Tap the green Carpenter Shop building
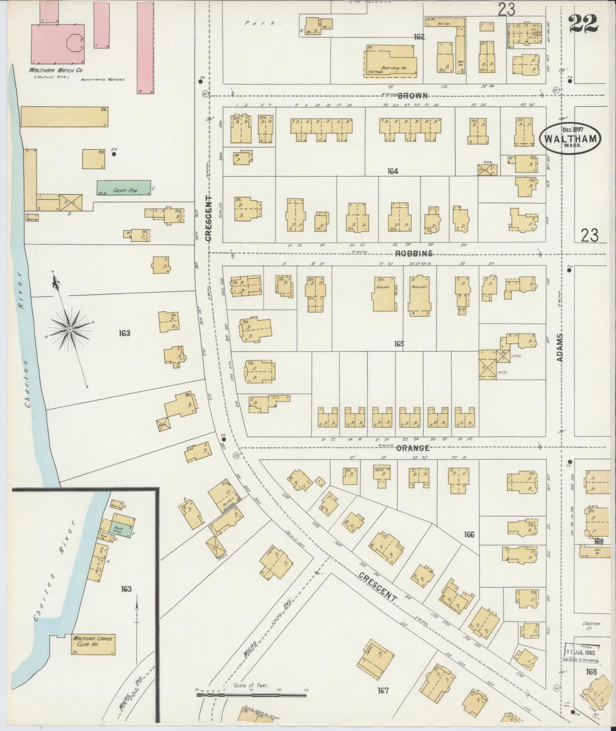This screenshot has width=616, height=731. [x=123, y=188]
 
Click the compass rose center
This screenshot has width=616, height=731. [x=70, y=329]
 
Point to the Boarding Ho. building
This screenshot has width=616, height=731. [x=390, y=61]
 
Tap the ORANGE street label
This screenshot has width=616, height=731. [x=412, y=448]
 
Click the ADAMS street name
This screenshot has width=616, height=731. [x=560, y=347]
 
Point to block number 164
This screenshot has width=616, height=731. [x=392, y=172]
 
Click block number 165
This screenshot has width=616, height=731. [x=399, y=344]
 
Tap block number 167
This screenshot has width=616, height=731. [x=383, y=690]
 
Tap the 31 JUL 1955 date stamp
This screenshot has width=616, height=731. [x=582, y=652]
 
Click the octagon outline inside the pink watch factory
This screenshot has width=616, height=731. [x=75, y=42]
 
